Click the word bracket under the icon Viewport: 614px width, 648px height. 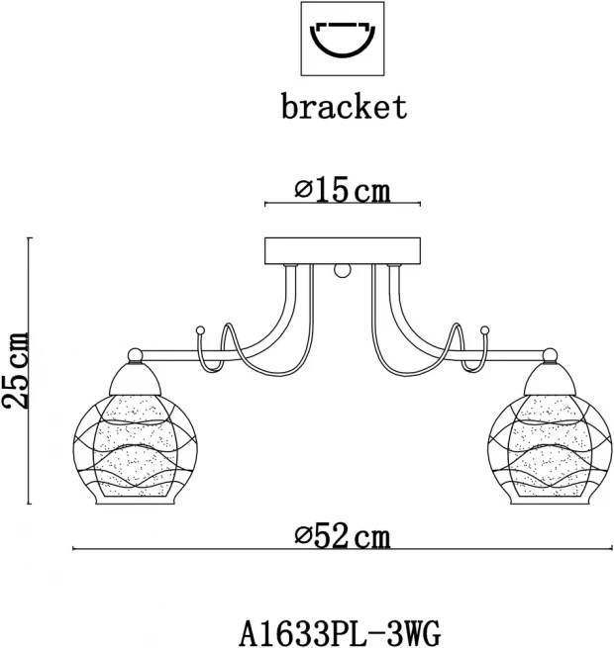coord(345,107)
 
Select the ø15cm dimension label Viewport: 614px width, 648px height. coord(343,191)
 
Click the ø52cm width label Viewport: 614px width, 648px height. coord(343,536)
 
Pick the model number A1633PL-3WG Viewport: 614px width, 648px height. coord(341,632)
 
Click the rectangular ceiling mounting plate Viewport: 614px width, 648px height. coord(343,250)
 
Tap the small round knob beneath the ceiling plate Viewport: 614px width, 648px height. coord(343,271)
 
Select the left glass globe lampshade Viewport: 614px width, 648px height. coord(136,448)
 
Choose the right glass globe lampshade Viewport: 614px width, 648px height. coord(550,448)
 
